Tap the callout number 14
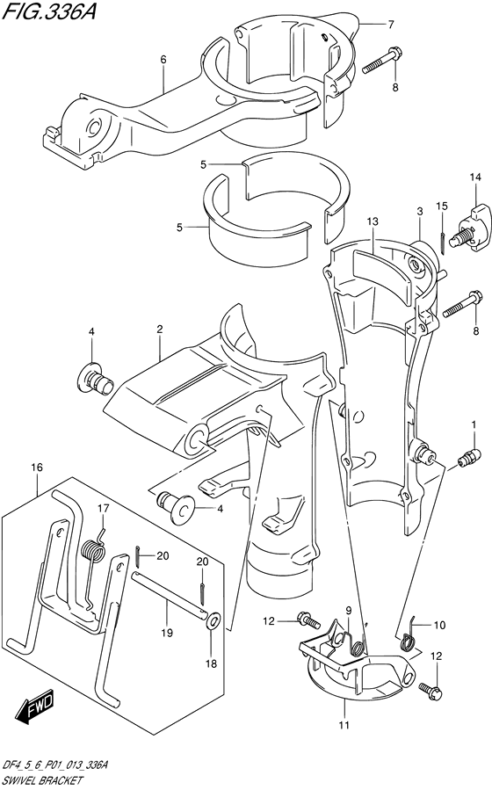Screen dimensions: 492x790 (x=475, y=178)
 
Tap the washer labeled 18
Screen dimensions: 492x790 (x=212, y=620)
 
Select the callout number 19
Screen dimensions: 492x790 (x=167, y=633)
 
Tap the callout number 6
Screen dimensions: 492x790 (x=163, y=60)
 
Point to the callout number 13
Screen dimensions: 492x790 (x=373, y=221)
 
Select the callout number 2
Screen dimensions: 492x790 (x=160, y=330)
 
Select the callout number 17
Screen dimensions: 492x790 (x=103, y=509)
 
